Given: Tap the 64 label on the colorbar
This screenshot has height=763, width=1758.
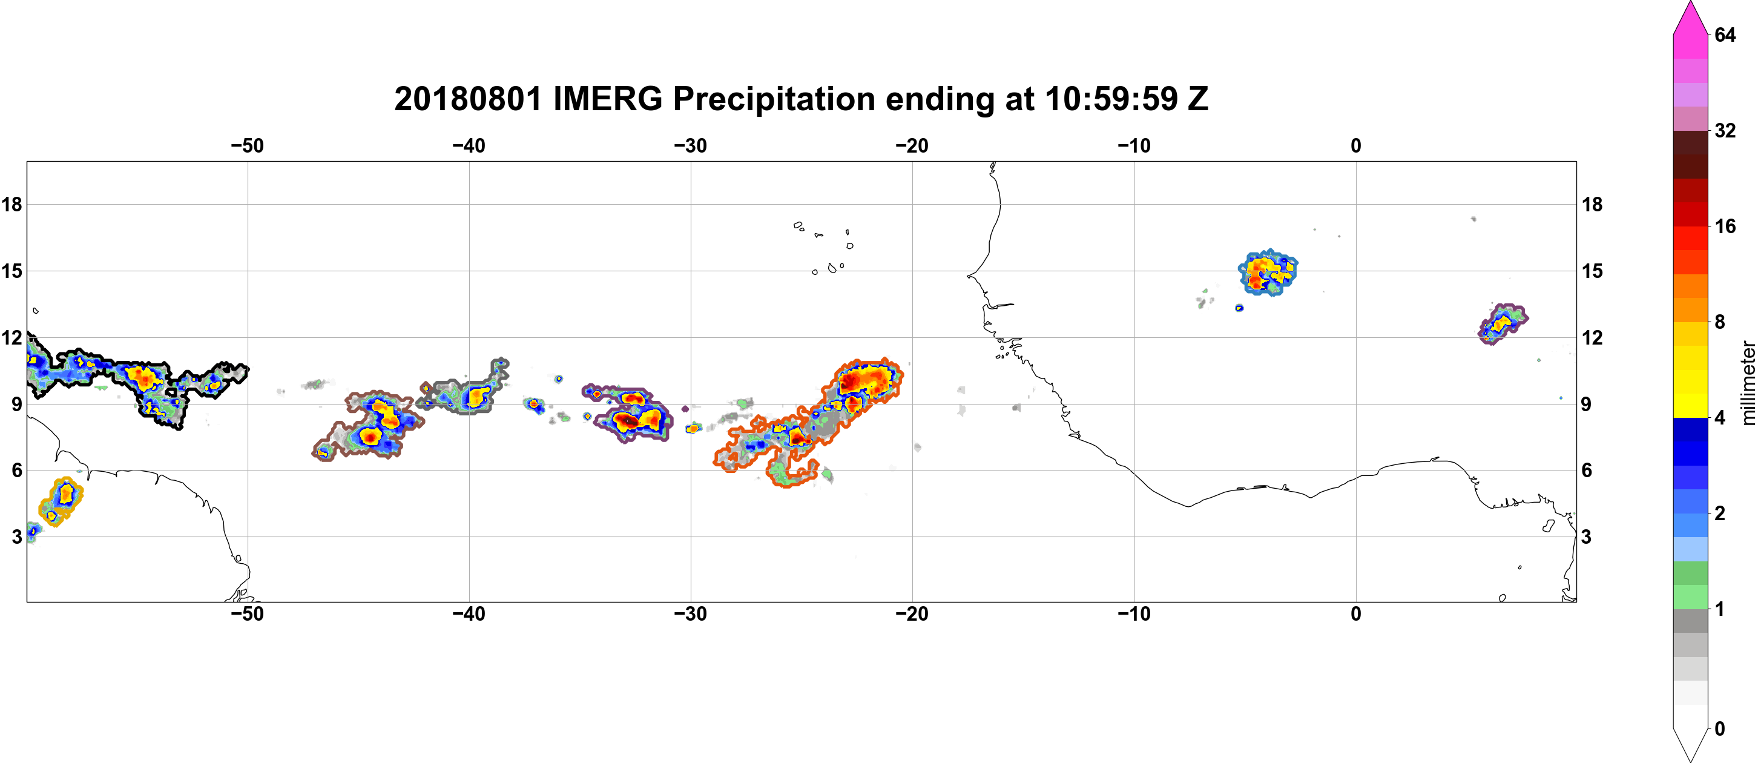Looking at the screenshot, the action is click(x=1725, y=35).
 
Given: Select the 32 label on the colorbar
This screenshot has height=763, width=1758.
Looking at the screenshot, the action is click(x=1725, y=130).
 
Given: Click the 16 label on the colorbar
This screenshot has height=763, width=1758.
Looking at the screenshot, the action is click(x=1725, y=226).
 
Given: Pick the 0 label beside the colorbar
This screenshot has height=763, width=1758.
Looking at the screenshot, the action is click(x=1720, y=729).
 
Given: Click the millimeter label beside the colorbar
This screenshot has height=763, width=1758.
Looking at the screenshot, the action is click(x=1748, y=383).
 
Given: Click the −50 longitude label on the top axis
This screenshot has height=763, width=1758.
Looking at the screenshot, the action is click(x=247, y=145).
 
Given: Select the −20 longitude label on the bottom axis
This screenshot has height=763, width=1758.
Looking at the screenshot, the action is click(x=912, y=613).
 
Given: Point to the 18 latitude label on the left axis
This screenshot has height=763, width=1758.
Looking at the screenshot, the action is click(x=12, y=204).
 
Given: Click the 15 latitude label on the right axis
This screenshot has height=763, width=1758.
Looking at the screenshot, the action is click(x=1592, y=271).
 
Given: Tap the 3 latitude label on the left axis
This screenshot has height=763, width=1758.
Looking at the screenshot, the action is click(x=16, y=537).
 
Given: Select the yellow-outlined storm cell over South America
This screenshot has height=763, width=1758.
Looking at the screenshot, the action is click(x=61, y=501).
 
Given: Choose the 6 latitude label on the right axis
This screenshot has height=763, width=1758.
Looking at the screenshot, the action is click(x=1587, y=471).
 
